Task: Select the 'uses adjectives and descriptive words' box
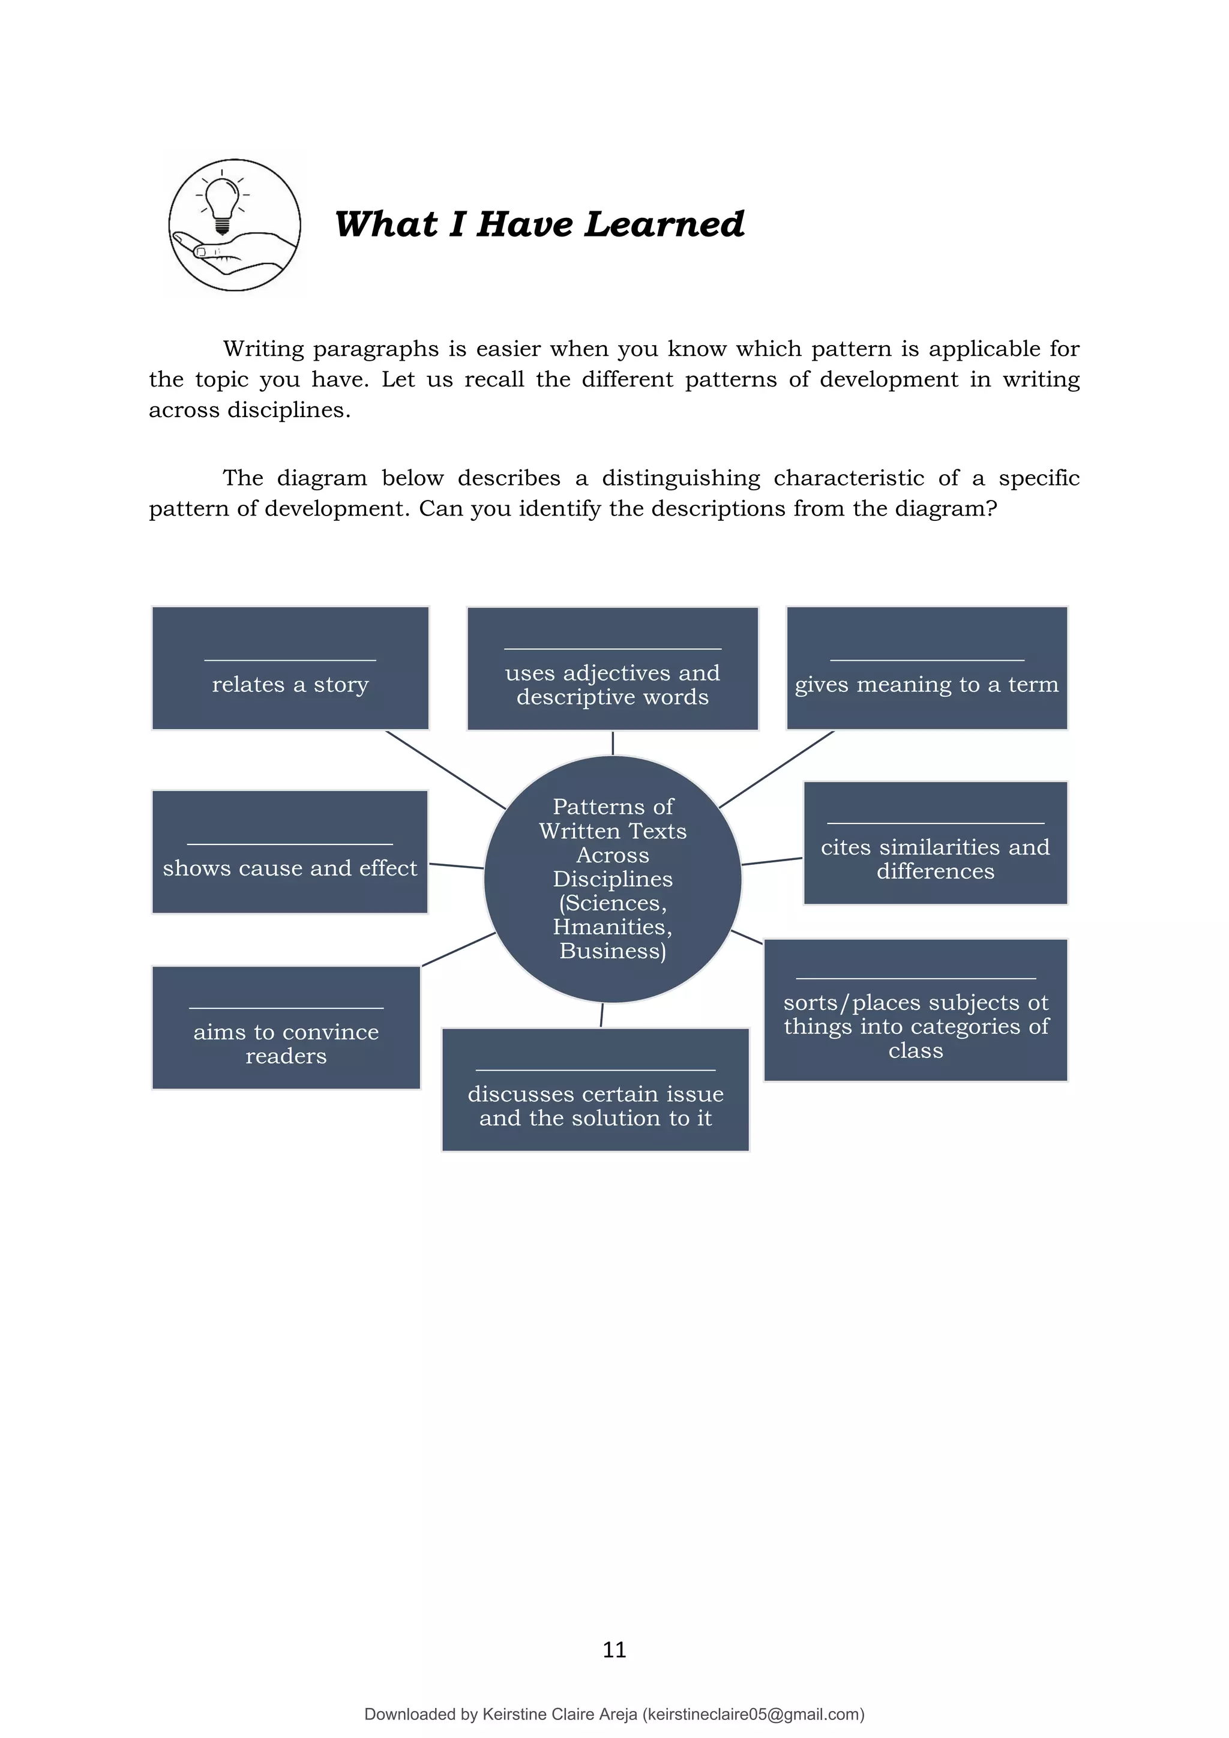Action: pyautogui.click(x=612, y=669)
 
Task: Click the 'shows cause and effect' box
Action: pyautogui.click(x=290, y=852)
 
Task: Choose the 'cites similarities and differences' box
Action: pyautogui.click(x=936, y=843)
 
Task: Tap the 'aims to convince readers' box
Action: pyautogui.click(x=286, y=1028)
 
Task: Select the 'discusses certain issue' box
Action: pyautogui.click(x=595, y=1090)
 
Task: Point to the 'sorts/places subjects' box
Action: pyautogui.click(x=916, y=1011)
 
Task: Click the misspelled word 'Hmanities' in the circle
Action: pyautogui.click(x=612, y=927)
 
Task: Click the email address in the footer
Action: pyautogui.click(x=753, y=1715)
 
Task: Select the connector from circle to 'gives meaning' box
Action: pyautogui.click(x=776, y=770)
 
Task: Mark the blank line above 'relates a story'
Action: pyautogui.click(x=290, y=661)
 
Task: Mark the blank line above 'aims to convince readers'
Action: pyautogui.click(x=286, y=1008)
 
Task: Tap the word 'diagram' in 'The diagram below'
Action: pyautogui.click(x=322, y=478)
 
